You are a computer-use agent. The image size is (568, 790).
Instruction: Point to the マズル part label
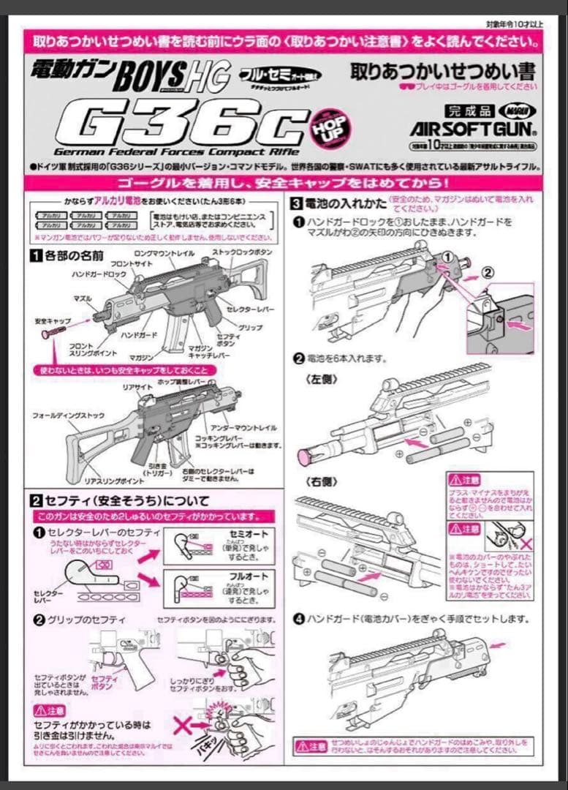(x=82, y=299)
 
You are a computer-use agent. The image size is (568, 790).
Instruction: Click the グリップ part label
(x=251, y=328)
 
